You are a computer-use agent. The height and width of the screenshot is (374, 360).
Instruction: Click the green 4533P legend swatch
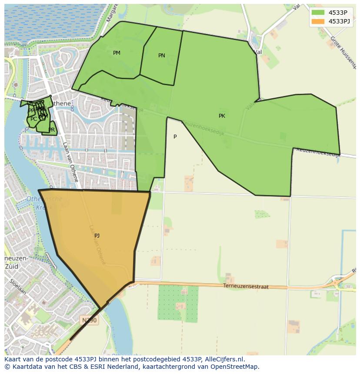318,13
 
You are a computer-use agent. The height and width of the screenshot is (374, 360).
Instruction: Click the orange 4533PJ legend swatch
318,21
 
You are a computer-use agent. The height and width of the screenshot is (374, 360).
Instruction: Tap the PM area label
117,53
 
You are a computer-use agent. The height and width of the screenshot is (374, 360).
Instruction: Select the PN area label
162,56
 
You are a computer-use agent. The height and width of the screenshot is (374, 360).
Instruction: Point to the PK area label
222,116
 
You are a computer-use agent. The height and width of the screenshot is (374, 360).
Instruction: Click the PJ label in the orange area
97,236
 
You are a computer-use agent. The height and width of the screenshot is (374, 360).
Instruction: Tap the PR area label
52,130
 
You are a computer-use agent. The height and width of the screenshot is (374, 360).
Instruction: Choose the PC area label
33,119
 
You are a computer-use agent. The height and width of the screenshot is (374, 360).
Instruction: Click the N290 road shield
90,320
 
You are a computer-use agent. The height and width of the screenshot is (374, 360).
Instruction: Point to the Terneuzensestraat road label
246,287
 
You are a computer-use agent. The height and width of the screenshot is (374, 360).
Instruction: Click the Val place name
258,52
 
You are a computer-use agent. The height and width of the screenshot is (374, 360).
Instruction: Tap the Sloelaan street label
16,287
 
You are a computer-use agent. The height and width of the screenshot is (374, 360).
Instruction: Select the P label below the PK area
175,137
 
